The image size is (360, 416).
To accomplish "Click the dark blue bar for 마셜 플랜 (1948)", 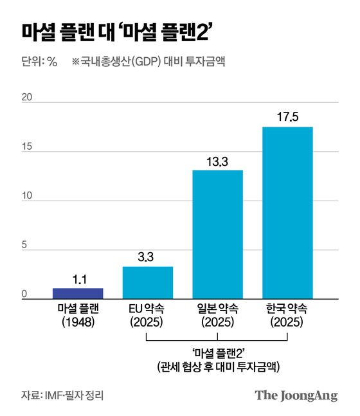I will click(78, 293).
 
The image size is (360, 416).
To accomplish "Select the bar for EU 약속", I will click(147, 282).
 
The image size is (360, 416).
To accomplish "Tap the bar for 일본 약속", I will click(218, 233).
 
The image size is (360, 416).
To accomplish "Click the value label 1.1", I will click(78, 280).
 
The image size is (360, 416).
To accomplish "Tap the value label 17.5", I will click(287, 118).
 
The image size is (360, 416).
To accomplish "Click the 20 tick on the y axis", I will click(26, 98).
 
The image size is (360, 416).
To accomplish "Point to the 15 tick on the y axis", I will click(26, 147).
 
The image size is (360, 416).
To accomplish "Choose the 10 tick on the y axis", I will click(26, 197).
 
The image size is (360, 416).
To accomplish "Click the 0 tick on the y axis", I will click(26, 296).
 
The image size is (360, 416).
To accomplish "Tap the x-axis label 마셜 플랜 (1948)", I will click(78, 316).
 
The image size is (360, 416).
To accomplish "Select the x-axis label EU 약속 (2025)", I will click(147, 316).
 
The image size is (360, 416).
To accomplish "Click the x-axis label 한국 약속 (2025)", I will click(287, 316).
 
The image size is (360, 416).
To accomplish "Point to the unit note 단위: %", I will click(39, 62).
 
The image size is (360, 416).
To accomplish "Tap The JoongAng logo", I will click(296, 395).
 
